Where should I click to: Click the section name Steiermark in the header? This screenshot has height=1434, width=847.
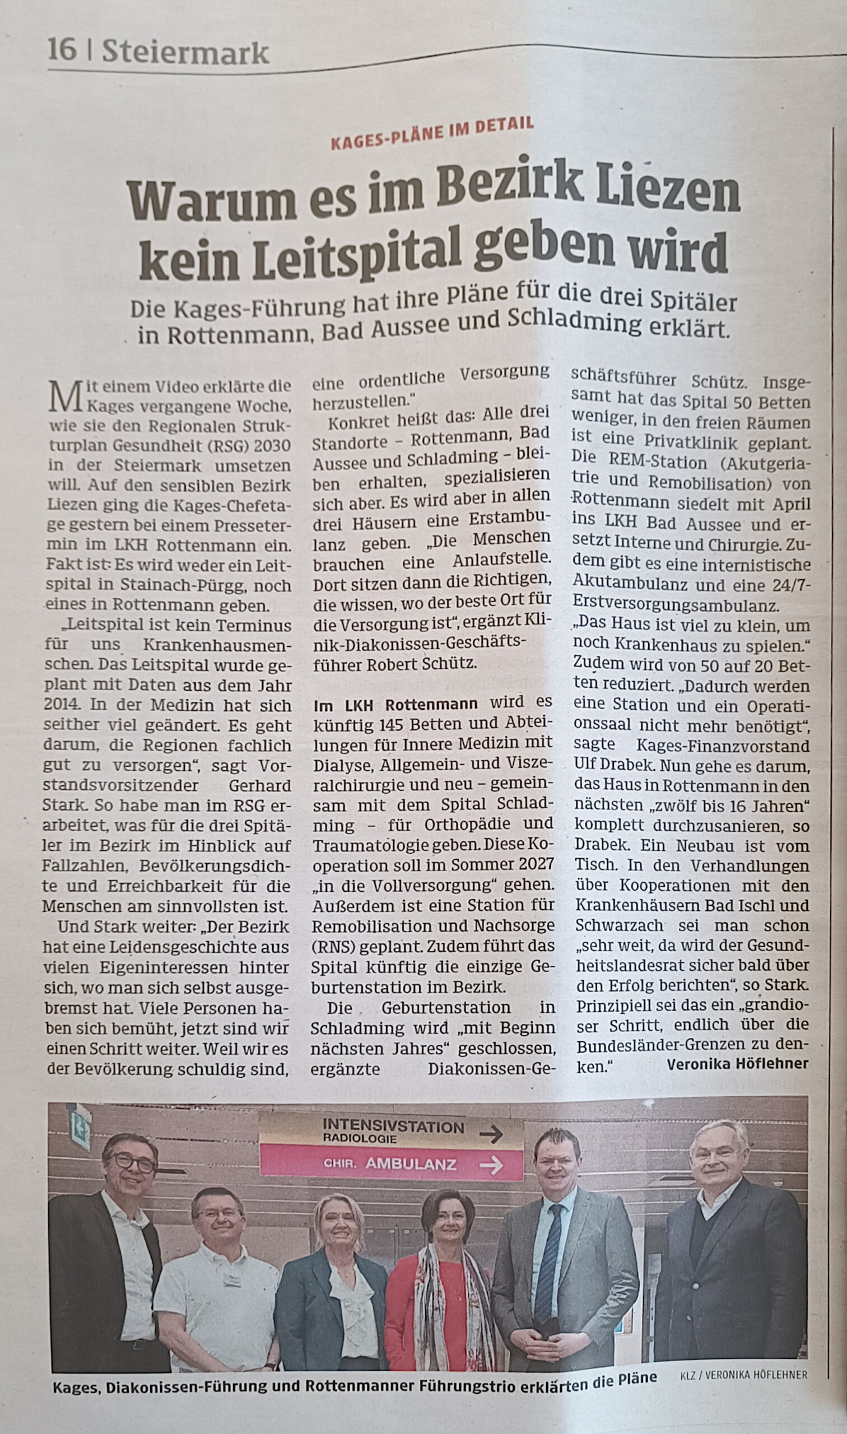click(185, 53)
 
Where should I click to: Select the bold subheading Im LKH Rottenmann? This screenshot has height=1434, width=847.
click(395, 704)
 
